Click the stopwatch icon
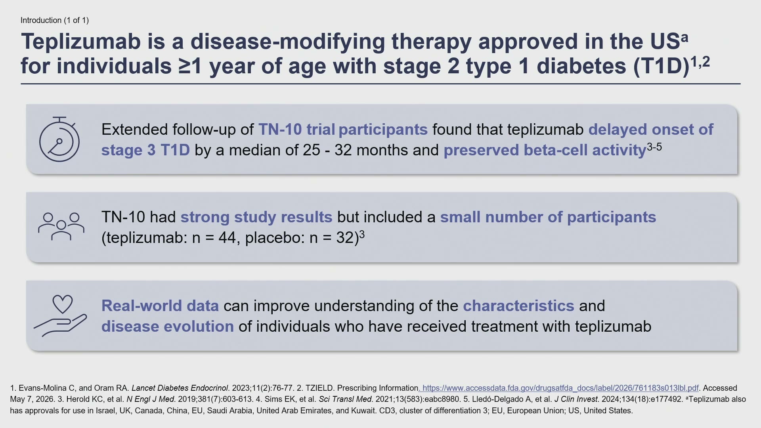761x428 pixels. (59, 139)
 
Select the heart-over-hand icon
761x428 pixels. (60, 316)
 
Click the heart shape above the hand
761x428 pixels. (63, 304)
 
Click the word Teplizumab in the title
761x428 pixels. (81, 42)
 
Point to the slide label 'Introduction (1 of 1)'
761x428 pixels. (55, 20)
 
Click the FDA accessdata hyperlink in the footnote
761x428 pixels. (559, 388)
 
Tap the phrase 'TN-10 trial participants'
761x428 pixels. (343, 130)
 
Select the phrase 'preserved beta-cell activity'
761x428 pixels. (545, 151)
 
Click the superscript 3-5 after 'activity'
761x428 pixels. (654, 147)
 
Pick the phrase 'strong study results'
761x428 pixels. (256, 217)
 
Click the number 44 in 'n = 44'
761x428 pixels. (227, 238)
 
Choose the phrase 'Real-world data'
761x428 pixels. (160, 306)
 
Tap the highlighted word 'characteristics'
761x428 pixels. (518, 306)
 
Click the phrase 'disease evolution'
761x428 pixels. (168, 327)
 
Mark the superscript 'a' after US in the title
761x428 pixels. (685, 38)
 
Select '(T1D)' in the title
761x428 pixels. (661, 66)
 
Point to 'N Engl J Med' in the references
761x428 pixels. (151, 399)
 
